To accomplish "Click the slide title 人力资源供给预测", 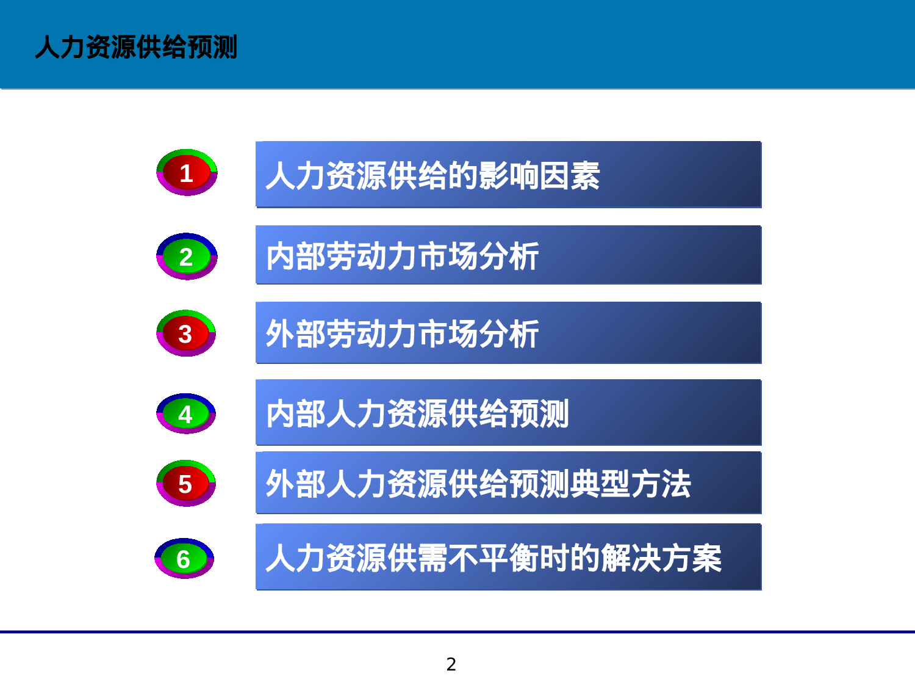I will pos(136,47).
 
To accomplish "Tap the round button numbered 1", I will pos(187,173).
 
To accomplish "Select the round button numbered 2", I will pos(187,256).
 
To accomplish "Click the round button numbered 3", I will pos(186,333).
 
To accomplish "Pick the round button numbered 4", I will pos(186,414).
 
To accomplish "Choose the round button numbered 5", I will pos(186,484).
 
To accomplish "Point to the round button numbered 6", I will pos(184,559).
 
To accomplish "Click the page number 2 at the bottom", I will pos(451,664).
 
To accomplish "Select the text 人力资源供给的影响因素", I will pos(432,176).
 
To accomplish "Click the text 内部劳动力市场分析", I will pos(402,256).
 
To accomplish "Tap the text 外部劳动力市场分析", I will pos(402,334).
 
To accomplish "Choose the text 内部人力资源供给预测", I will pos(417,413).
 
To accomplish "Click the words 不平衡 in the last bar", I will pos(493,558).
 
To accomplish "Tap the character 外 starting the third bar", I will pos(281,334).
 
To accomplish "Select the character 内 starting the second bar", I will pos(281,256).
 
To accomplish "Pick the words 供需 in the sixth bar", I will pos(417,558).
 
